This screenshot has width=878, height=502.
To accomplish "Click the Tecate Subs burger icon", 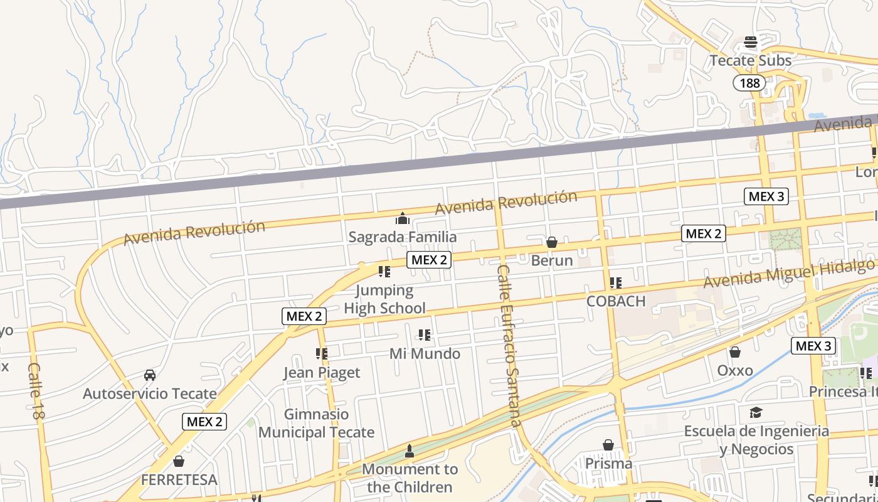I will [x=751, y=43].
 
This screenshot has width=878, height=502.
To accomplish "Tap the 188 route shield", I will [x=749, y=83].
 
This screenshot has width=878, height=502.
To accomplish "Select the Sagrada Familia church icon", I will [x=403, y=218].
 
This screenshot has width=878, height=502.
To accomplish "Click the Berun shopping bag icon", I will [x=552, y=242].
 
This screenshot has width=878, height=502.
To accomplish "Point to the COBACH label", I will [x=616, y=301].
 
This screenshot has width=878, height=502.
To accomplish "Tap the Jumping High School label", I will [x=384, y=299].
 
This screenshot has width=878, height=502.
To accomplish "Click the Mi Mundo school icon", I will [x=425, y=335].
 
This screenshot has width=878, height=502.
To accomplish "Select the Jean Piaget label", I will [x=322, y=373].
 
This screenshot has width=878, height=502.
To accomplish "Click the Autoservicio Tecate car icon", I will [x=150, y=375].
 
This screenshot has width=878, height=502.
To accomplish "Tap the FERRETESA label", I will [x=179, y=480].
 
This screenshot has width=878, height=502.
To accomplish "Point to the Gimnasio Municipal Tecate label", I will [x=316, y=424].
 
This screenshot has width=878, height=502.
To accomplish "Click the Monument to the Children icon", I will [x=410, y=451].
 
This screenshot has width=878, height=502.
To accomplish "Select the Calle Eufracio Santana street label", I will [x=508, y=345].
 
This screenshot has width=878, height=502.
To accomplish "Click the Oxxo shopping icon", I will [x=734, y=353].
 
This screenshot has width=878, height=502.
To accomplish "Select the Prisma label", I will [x=608, y=464].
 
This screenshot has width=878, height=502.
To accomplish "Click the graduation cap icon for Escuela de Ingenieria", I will [x=756, y=412].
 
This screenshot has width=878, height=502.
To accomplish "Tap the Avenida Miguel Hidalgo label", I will [x=788, y=274].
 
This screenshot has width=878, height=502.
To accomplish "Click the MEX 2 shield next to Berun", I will [x=704, y=234].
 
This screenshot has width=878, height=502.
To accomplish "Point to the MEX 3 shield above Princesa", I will [x=813, y=346].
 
